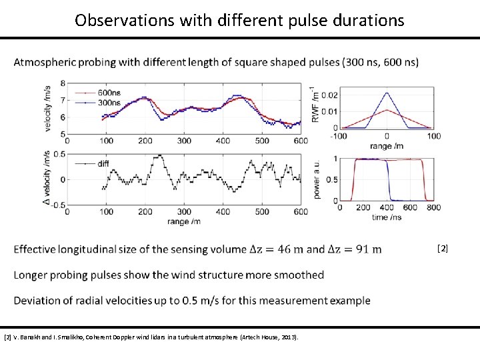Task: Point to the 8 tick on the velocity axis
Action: tap(63, 83)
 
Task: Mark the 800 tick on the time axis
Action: tap(435, 208)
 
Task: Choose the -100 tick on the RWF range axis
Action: tap(341, 136)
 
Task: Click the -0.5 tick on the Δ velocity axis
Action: tap(58, 205)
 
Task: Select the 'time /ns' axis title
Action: tap(387, 217)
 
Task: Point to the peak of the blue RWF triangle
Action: tap(387, 93)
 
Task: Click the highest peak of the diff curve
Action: tap(159, 156)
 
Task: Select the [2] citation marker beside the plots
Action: tap(443, 249)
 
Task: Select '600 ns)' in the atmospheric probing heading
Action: tap(399, 63)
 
